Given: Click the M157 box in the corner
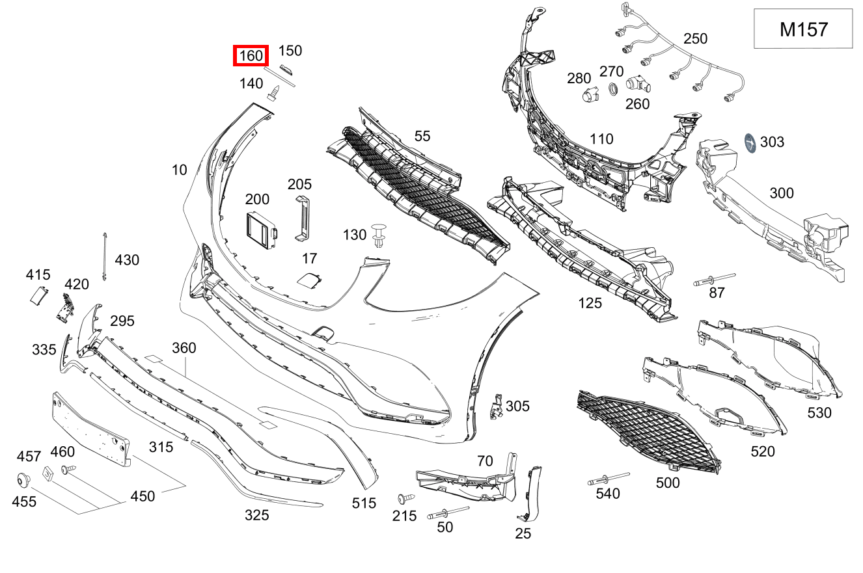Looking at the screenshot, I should coord(803,29).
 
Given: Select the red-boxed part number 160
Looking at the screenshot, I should coord(251,56).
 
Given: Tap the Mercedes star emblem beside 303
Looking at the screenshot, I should coord(750,144).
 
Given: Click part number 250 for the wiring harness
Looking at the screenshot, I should coord(695,39).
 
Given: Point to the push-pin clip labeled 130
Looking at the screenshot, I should coord(379,235).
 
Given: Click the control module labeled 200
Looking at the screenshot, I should coord(262,229).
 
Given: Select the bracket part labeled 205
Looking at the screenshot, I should coord(303,217).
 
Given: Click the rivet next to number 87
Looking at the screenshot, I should coord(713,280).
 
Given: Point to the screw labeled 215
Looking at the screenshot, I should coord(404,499).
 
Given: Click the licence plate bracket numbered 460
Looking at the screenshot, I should coord(92,429).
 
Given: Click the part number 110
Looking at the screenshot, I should coord(601,139).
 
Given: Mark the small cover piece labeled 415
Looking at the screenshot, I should coord(39,296).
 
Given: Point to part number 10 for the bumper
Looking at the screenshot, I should coord(180,170).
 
